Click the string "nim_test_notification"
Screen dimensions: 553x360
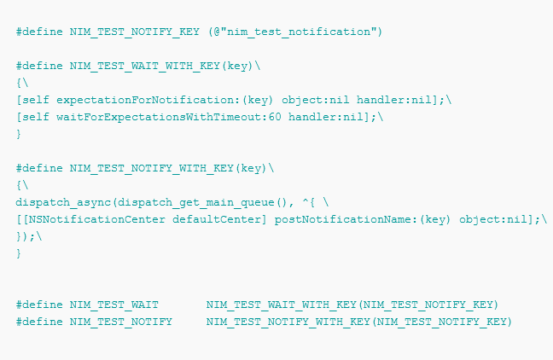click(299, 32)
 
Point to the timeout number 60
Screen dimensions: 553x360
click(275, 117)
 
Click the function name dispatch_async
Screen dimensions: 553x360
click(63, 202)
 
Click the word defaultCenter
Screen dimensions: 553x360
click(217, 219)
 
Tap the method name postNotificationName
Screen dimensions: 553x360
click(343, 219)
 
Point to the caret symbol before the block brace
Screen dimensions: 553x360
click(306, 201)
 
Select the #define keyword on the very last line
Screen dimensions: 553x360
click(39, 322)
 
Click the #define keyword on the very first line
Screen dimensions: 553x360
click(39, 32)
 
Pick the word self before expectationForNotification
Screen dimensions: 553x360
click(36, 100)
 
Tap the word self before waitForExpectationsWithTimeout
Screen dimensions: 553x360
click(36, 117)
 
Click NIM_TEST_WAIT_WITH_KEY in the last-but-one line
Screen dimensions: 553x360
click(281, 305)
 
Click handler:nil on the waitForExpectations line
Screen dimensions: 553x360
click(326, 117)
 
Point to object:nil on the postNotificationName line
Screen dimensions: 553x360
click(493, 219)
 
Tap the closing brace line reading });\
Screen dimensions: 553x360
click(29, 236)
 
